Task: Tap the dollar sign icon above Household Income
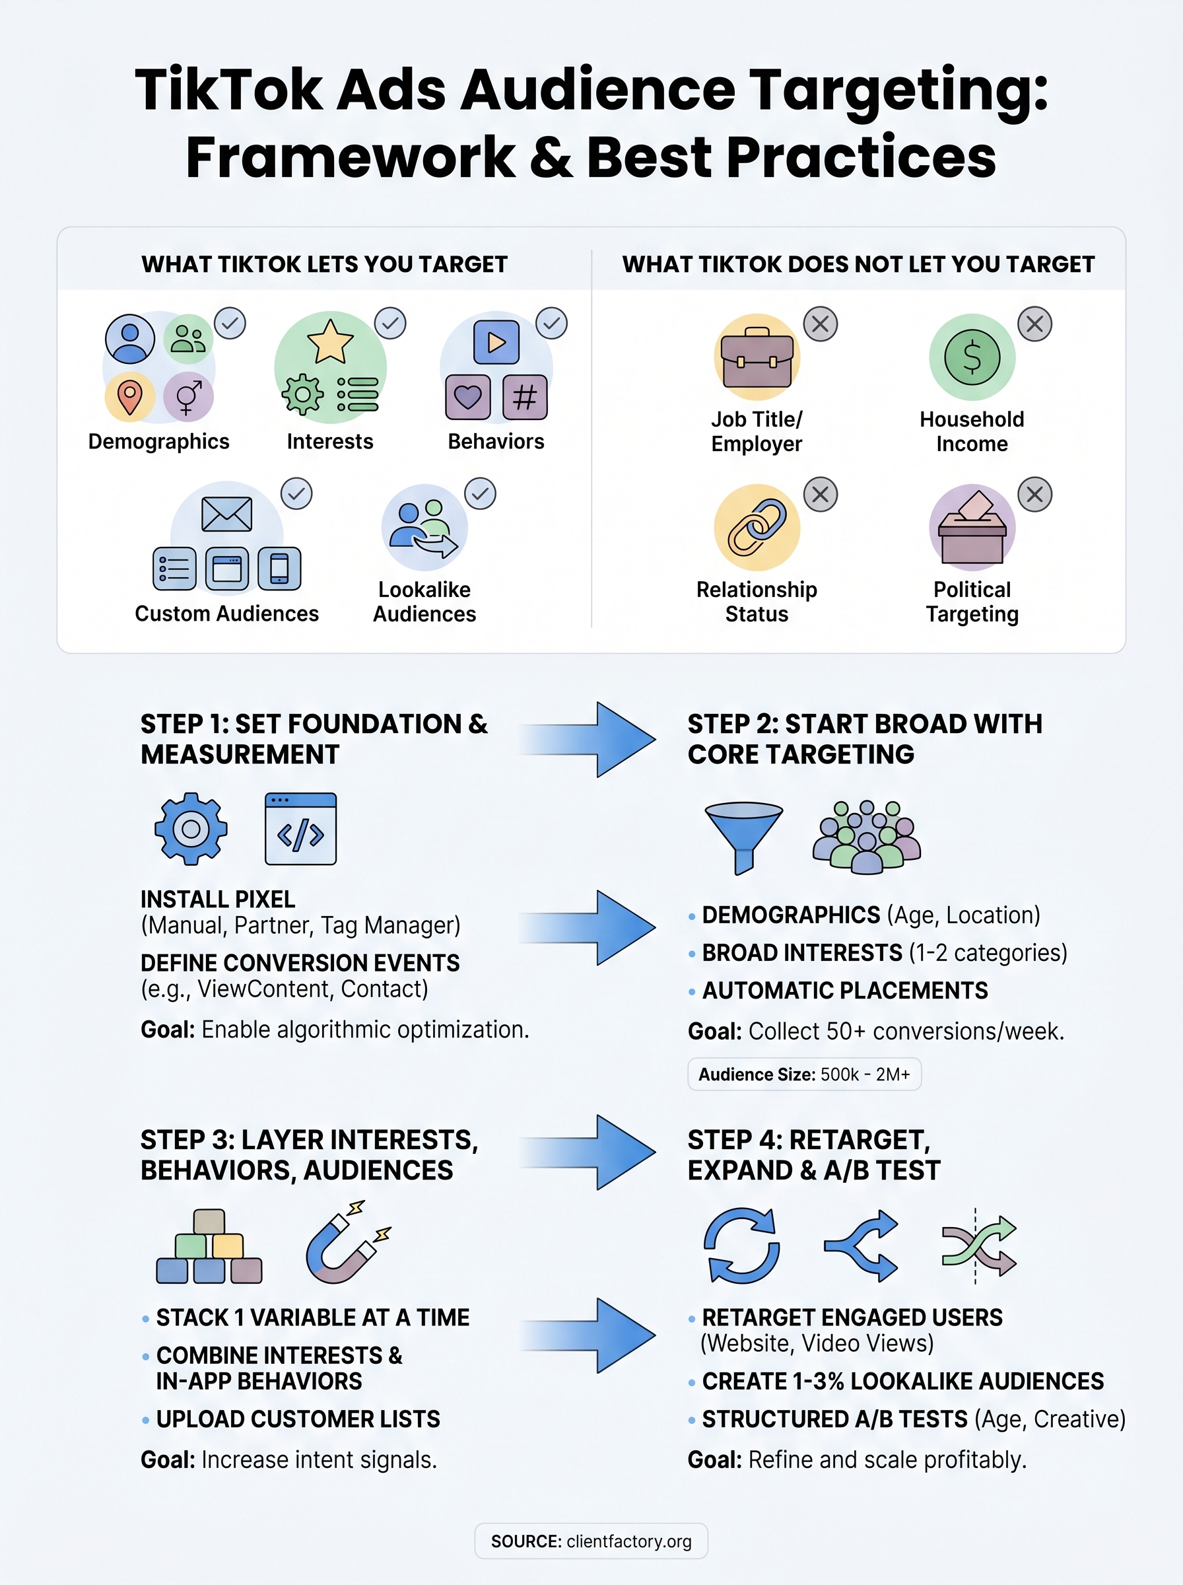[971, 357]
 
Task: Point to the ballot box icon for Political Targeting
[971, 528]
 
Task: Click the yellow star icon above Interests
[329, 341]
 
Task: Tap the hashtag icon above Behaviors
[524, 397]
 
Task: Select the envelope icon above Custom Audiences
[226, 514]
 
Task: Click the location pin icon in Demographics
[129, 397]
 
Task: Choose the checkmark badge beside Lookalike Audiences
[480, 493]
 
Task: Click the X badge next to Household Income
[1034, 324]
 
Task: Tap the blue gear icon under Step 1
[191, 829]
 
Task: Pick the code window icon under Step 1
[300, 829]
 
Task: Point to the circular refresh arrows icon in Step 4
[741, 1245]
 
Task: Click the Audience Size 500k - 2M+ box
[803, 1074]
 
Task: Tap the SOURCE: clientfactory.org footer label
[591, 1541]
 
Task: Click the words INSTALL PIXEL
[218, 899]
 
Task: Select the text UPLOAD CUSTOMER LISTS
[298, 1419]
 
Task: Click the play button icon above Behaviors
[496, 342]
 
